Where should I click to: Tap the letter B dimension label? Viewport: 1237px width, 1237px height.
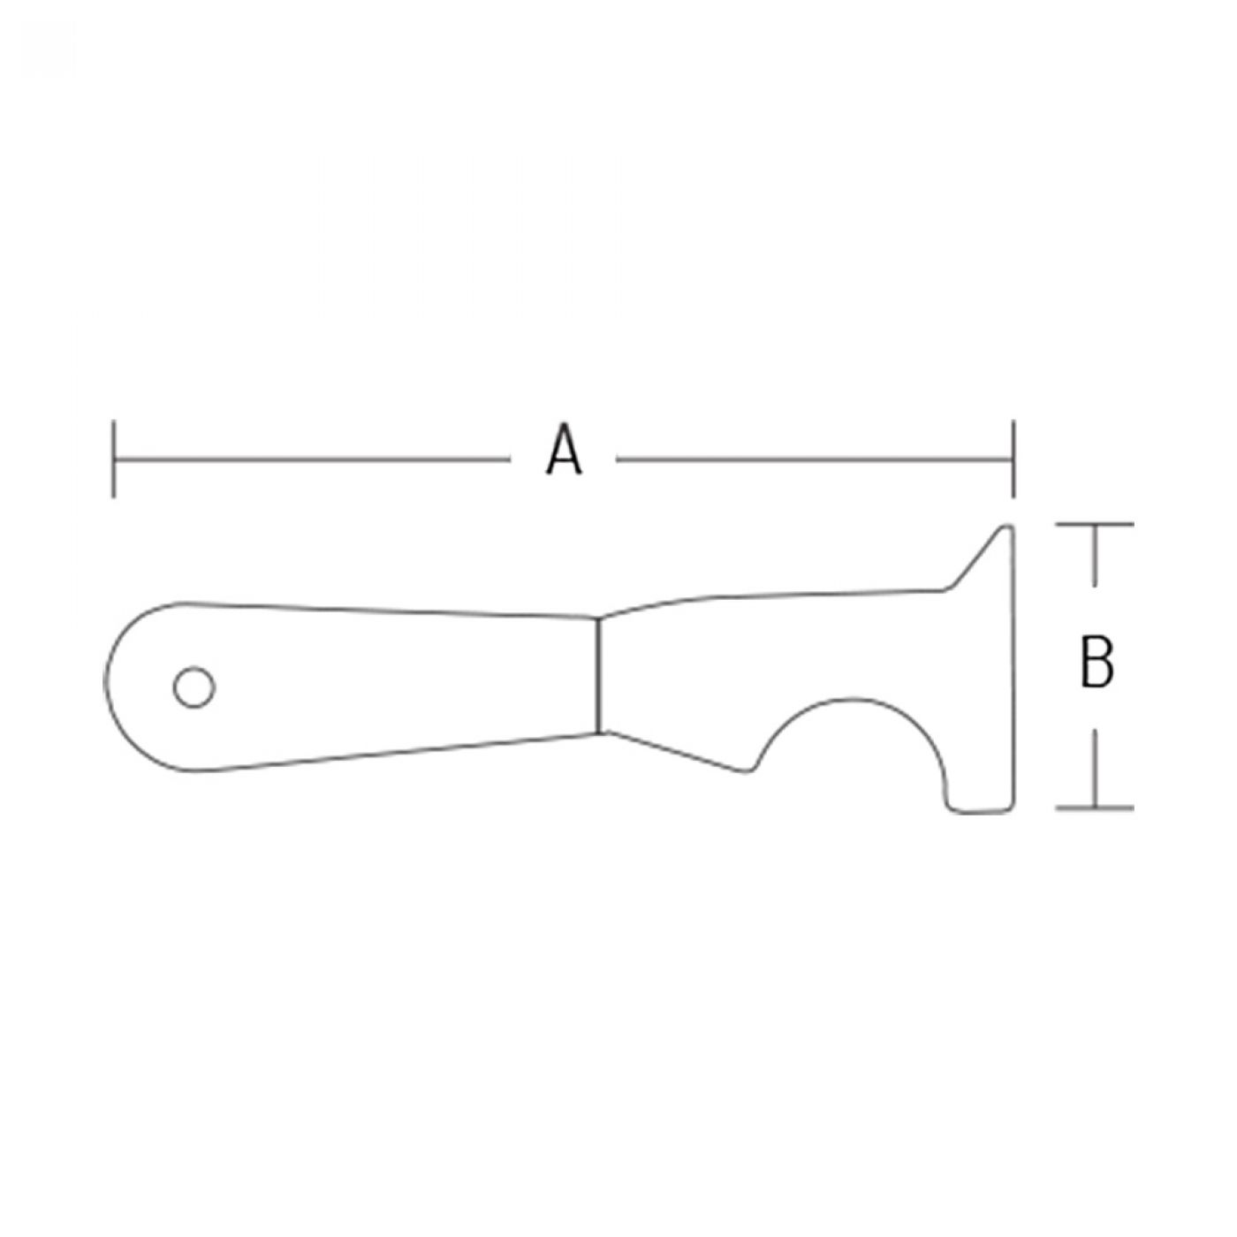point(1097,662)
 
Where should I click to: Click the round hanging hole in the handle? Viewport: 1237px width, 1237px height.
point(194,687)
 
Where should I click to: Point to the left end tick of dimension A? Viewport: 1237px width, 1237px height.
point(114,459)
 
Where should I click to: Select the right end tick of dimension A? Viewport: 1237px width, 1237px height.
point(1013,459)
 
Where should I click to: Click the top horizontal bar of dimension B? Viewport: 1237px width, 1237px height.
point(1095,525)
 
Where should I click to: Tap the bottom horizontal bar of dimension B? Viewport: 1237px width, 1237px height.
point(1095,808)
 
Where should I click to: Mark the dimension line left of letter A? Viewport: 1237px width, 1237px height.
point(312,459)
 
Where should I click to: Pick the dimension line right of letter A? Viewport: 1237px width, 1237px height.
point(815,459)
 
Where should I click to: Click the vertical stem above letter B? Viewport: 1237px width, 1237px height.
point(1095,555)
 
